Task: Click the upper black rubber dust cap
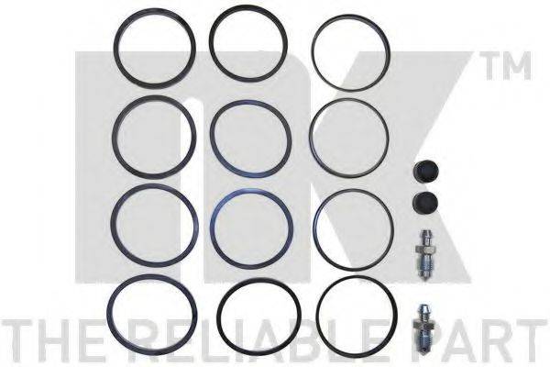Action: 426,172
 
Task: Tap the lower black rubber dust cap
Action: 426,202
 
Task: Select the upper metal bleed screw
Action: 424,255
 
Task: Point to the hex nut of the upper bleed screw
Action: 424,250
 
